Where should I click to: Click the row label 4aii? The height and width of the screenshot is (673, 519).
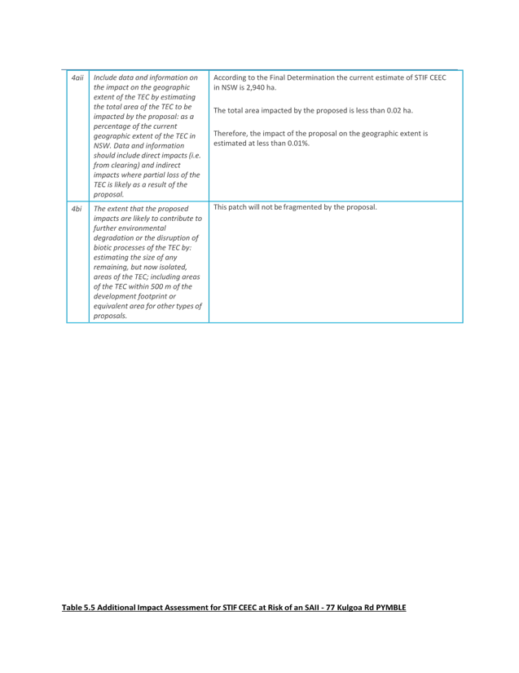click(x=77, y=77)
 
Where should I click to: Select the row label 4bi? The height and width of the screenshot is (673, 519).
click(x=77, y=209)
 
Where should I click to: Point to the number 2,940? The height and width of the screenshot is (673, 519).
click(x=256, y=87)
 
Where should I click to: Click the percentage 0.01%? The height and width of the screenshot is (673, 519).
click(x=298, y=144)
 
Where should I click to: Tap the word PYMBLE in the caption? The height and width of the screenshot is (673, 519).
click(x=391, y=607)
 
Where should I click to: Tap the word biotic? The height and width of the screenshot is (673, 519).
click(x=103, y=248)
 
